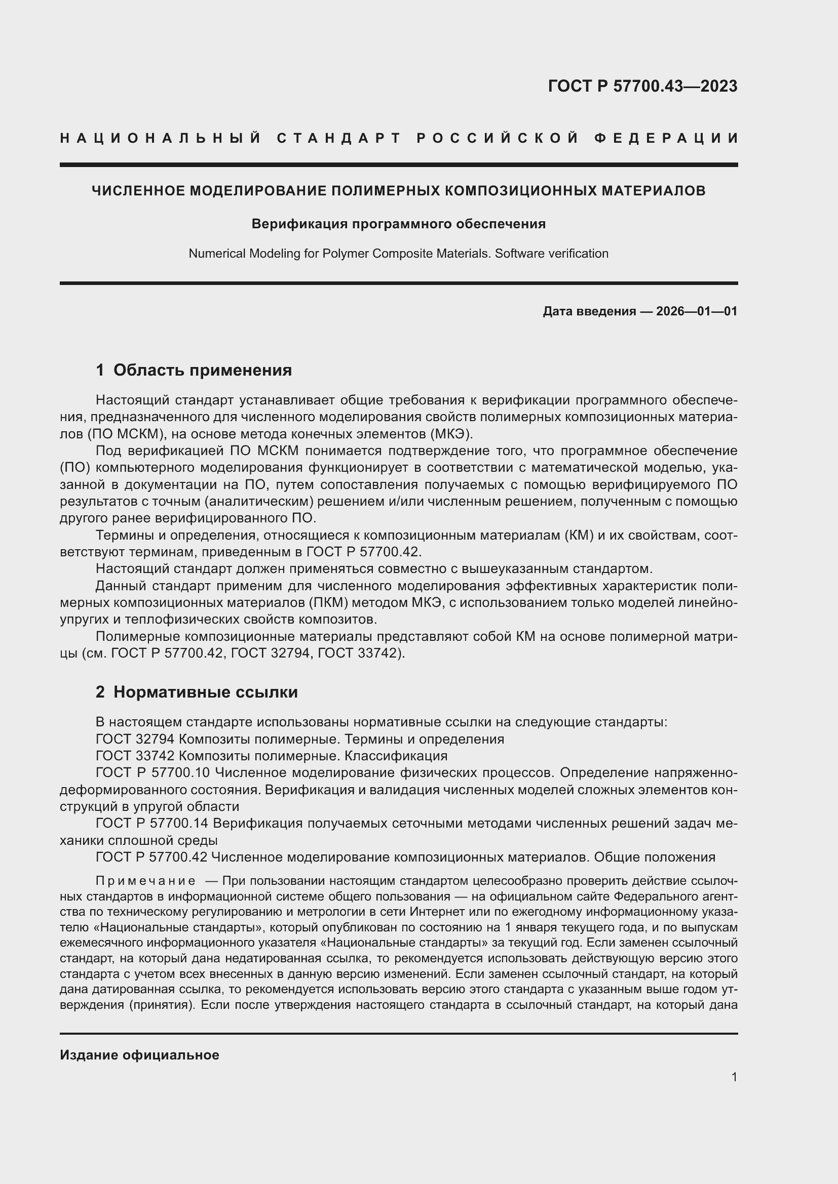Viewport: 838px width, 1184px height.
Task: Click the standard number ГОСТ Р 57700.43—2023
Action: point(642,86)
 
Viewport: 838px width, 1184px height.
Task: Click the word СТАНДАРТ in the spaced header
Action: point(339,138)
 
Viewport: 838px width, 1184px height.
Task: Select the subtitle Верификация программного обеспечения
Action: point(398,224)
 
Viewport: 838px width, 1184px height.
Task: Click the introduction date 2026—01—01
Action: point(697,311)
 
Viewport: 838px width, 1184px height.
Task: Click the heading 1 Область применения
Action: point(194,370)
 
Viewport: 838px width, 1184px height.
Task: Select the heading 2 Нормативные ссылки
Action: point(197,692)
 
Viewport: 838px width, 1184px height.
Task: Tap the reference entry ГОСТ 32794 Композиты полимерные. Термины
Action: point(299,740)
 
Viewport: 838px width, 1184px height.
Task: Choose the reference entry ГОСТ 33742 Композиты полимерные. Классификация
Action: point(272,756)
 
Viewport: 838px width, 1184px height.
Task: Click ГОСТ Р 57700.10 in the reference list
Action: point(153,773)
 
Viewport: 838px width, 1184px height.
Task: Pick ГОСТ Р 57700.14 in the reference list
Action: point(153,824)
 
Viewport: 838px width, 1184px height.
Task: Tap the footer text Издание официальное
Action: point(139,1055)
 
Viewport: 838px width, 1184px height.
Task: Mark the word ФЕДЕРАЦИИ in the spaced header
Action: point(666,138)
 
